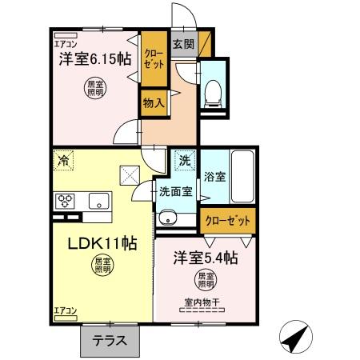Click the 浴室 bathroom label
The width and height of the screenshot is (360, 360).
214,175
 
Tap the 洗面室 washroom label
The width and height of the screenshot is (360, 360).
174,191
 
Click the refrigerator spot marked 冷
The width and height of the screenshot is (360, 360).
63,159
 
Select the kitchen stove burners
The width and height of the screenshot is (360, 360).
65,201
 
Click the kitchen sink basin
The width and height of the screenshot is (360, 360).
100,200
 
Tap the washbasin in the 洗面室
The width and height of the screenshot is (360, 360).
167,216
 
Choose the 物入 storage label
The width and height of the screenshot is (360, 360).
154,102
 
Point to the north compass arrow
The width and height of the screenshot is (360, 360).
297,337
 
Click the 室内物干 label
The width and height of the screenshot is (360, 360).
202,302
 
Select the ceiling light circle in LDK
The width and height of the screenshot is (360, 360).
99,265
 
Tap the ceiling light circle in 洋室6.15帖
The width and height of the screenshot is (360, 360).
95,89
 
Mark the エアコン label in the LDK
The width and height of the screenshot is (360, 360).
65,310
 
